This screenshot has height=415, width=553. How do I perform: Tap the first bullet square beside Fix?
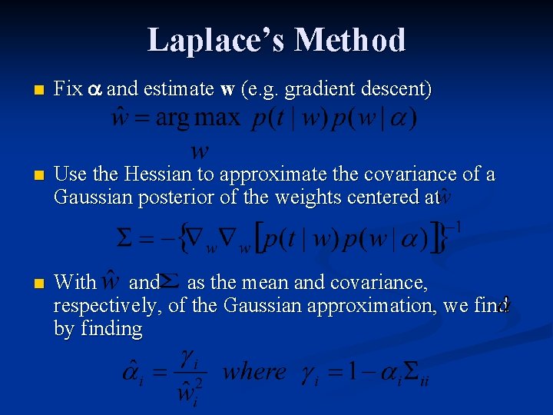(x=29, y=90)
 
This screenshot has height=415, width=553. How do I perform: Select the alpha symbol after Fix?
(x=95, y=90)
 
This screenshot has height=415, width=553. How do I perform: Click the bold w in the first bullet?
(x=227, y=89)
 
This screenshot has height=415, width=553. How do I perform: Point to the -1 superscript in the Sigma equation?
(x=454, y=227)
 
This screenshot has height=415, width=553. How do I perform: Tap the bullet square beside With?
(x=29, y=284)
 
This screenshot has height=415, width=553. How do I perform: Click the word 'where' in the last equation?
(x=253, y=372)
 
